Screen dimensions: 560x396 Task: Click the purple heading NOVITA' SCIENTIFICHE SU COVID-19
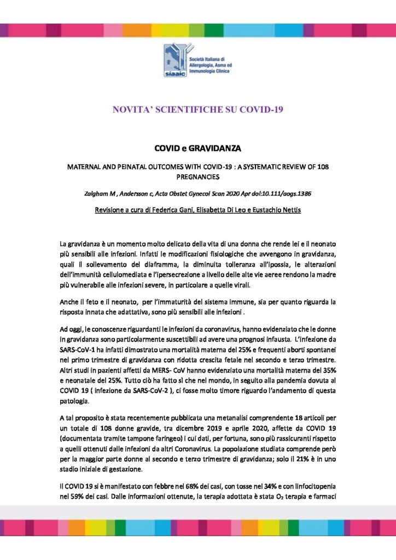(197, 109)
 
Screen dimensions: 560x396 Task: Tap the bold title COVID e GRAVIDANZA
(197, 148)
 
